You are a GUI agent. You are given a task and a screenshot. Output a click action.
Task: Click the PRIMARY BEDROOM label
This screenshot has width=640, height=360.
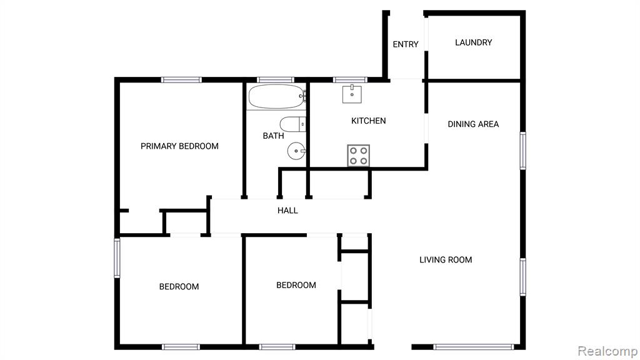click(x=179, y=146)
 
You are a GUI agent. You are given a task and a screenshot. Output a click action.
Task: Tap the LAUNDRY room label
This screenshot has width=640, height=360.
click(x=474, y=42)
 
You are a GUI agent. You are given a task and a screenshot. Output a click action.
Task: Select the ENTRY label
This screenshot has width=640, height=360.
click(x=405, y=44)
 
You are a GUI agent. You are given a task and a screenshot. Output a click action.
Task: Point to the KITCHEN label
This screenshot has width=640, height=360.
click(x=369, y=121)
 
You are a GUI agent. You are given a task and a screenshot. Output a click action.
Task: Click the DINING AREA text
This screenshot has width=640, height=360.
click(x=473, y=124)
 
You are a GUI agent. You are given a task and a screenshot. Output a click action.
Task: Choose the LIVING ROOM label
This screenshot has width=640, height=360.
click(x=446, y=259)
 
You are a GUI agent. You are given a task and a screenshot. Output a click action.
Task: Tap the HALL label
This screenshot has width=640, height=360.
click(x=287, y=211)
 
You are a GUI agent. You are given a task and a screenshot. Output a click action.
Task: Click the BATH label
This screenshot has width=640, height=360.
click(x=274, y=136)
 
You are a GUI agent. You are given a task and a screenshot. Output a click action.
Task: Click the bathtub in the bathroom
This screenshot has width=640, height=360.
click(x=277, y=97)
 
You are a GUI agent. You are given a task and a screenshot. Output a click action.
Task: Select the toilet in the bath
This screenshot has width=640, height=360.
click(x=292, y=124)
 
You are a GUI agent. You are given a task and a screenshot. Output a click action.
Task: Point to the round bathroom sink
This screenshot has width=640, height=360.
click(x=296, y=151)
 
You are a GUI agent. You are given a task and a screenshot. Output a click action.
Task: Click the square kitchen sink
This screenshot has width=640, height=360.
click(x=352, y=94)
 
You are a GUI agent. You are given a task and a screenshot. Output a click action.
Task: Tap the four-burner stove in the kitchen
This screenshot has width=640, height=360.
click(x=358, y=156)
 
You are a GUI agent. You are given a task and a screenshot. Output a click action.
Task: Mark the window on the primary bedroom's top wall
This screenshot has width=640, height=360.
click(x=181, y=80)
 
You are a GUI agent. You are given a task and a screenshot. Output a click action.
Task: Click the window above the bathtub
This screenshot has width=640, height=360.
click(x=276, y=80)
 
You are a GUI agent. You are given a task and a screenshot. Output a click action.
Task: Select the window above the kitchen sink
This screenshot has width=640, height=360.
click(x=350, y=80)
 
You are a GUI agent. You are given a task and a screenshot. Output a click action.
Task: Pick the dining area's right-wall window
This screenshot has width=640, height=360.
click(x=523, y=150)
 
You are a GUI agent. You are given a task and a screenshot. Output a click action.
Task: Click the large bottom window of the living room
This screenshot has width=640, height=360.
click(x=474, y=347)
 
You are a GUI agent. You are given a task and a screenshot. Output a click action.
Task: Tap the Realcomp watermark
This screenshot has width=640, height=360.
click(x=607, y=351)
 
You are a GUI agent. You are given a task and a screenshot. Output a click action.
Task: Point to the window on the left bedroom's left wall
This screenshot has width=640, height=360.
click(x=117, y=258)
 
